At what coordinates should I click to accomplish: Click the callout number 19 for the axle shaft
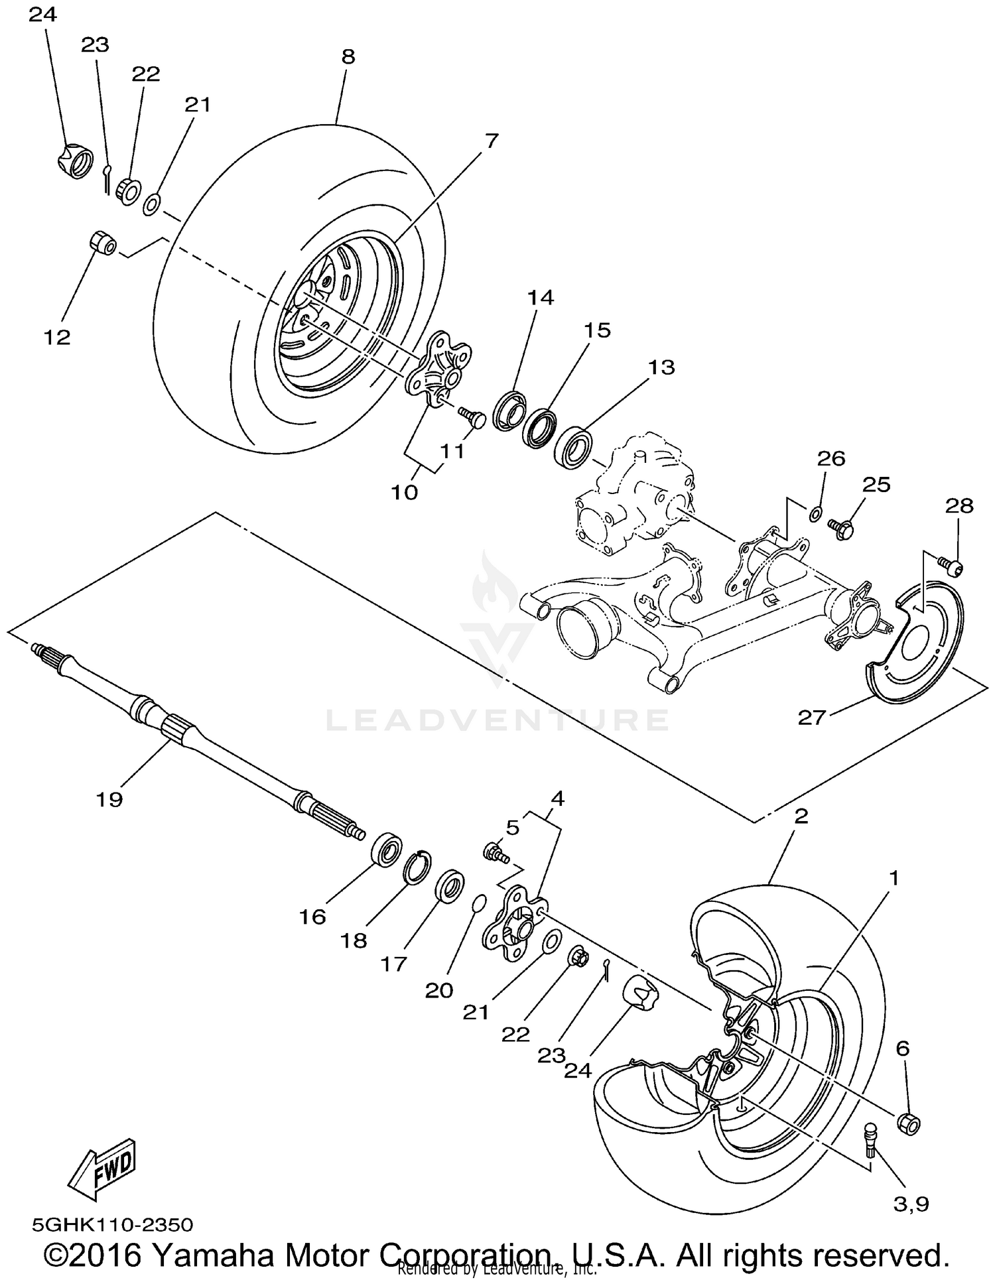point(109,800)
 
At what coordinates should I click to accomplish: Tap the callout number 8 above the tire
point(348,57)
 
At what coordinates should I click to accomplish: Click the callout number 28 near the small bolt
point(960,506)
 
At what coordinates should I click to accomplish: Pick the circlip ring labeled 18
point(418,867)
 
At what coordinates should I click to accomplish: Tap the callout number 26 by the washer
point(831,458)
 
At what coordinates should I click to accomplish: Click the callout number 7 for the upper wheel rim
point(492,141)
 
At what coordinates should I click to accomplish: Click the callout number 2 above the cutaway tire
point(801,816)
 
